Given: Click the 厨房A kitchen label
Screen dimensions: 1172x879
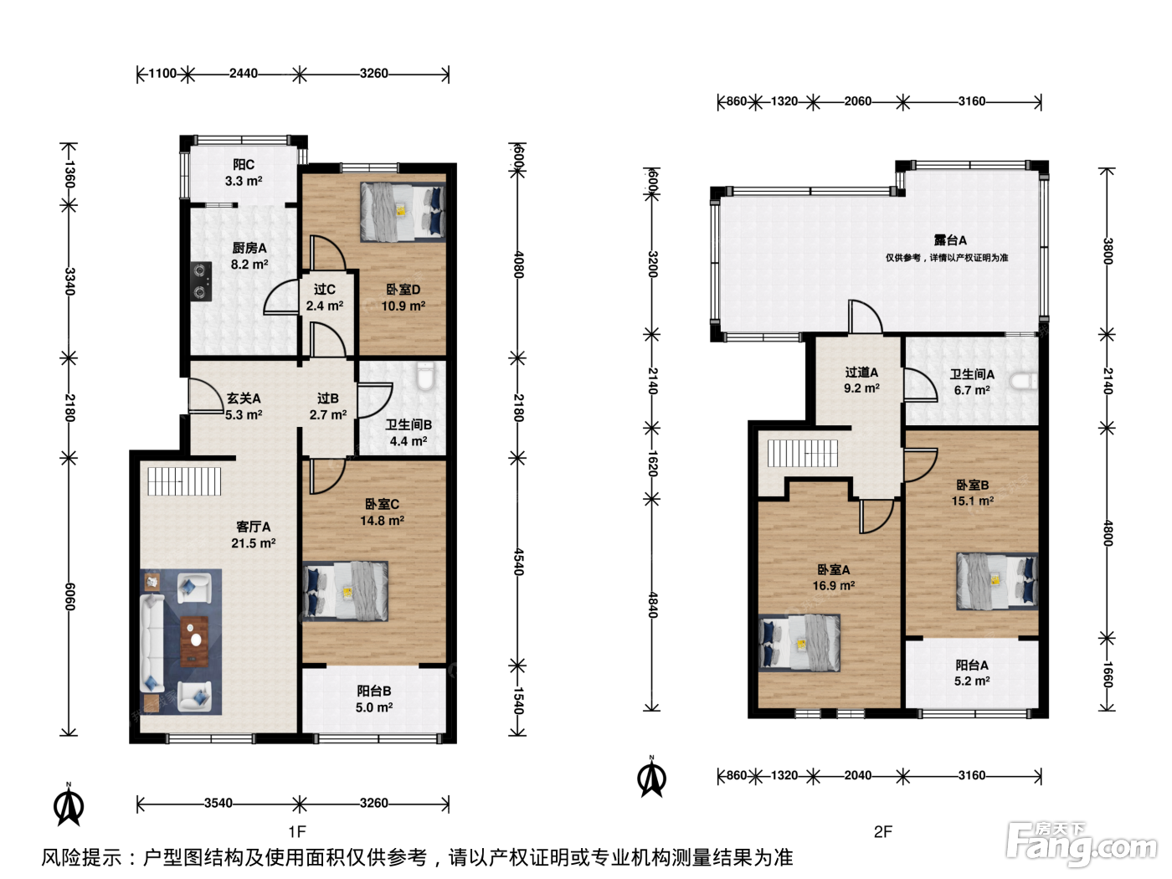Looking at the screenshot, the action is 249,248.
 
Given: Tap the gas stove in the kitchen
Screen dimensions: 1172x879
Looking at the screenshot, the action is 201,281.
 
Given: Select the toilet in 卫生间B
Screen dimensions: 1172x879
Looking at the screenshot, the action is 425,376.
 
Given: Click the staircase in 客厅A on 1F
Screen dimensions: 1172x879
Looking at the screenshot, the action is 184,481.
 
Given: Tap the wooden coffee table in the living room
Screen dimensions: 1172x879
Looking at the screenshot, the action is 194,641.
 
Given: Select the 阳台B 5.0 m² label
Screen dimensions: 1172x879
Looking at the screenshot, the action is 374,699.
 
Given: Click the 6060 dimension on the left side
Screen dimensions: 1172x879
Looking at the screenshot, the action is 69,597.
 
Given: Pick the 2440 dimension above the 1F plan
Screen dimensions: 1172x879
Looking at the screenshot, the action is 244,73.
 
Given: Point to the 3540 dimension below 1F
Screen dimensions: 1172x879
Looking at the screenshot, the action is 218,803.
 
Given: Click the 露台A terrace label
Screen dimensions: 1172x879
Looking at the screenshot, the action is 950,240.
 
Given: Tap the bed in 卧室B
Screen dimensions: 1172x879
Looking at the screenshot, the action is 997,581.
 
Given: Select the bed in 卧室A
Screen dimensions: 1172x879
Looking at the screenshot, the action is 799,643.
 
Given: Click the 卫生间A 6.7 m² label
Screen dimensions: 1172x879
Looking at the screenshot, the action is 972,382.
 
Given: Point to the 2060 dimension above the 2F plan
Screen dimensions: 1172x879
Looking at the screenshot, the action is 857,101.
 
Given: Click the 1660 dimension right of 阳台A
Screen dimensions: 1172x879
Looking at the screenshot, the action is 1108,675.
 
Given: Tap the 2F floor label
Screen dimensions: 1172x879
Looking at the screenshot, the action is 883,831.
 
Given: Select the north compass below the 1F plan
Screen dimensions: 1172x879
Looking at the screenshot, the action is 69,804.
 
